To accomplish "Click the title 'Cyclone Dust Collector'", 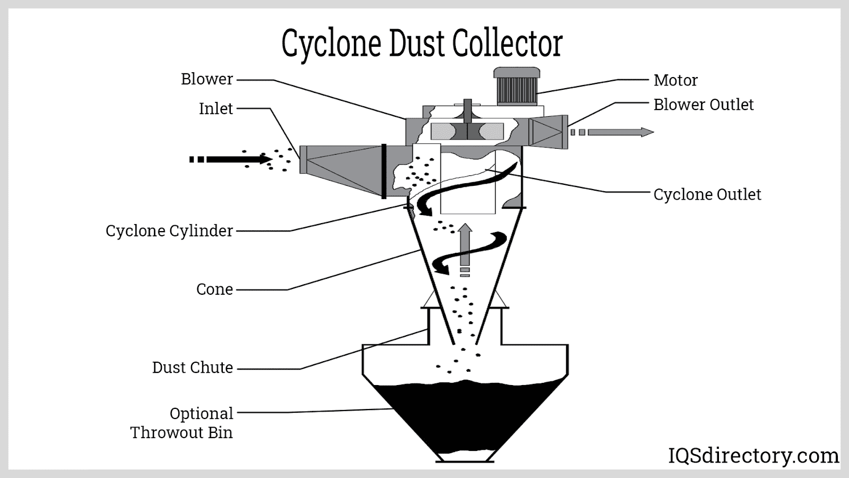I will [422, 44].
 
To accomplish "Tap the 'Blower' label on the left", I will [207, 79].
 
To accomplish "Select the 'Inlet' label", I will [216, 108].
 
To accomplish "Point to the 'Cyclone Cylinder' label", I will [169, 231].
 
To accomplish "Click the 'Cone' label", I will [214, 289].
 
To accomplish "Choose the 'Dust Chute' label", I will [193, 368].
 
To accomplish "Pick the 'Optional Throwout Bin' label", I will [182, 423].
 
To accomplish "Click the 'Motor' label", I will [675, 80].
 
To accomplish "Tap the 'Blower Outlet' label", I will [703, 105].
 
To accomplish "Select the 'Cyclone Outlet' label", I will [707, 194].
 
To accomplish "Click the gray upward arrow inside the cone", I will [465, 244].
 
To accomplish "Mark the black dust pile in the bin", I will [465, 414].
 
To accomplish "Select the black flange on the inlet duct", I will [384, 171].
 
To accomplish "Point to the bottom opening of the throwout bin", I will [465, 457].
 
